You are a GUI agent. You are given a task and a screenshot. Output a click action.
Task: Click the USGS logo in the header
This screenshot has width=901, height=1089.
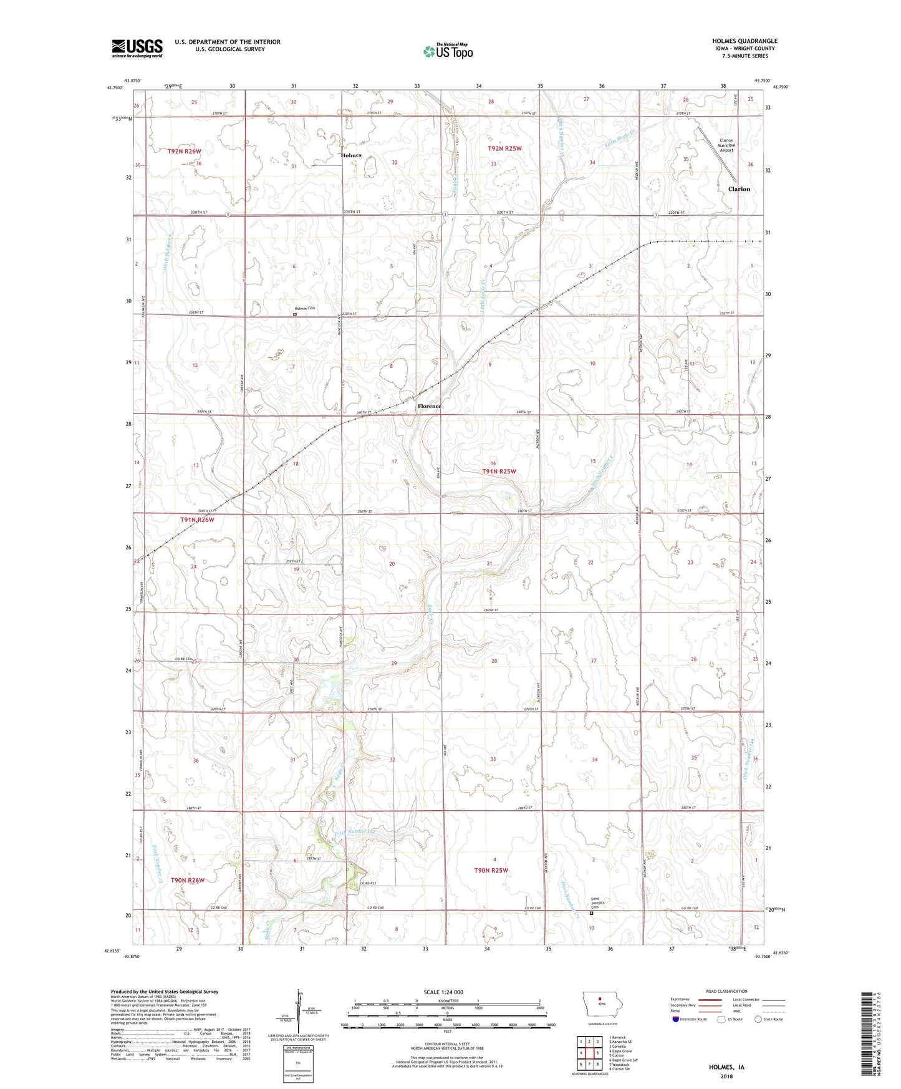[x=137, y=48]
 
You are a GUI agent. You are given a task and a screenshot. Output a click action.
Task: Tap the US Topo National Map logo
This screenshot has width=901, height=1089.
[x=448, y=51]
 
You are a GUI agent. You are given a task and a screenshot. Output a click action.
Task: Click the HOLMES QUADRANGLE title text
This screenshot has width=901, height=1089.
[x=744, y=41]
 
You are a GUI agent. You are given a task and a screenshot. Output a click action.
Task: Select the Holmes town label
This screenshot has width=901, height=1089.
[x=351, y=155]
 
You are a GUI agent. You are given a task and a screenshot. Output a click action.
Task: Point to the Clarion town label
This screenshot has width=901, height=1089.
[x=739, y=189]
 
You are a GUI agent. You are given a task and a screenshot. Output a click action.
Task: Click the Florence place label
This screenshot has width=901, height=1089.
[x=429, y=406]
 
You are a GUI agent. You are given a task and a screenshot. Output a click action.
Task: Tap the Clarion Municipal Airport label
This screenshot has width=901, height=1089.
[x=726, y=145]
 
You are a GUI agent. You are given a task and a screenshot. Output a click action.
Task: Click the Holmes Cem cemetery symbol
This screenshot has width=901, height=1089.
[x=295, y=315]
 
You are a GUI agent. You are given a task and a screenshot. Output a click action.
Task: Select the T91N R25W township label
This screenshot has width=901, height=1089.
[x=499, y=472]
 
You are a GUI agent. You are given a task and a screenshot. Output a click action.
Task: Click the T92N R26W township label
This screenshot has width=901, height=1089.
[x=185, y=152]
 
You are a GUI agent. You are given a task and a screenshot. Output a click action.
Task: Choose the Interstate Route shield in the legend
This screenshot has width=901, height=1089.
[x=677, y=1019]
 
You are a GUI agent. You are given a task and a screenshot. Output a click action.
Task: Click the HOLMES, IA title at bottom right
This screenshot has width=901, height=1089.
[x=726, y=1067]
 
